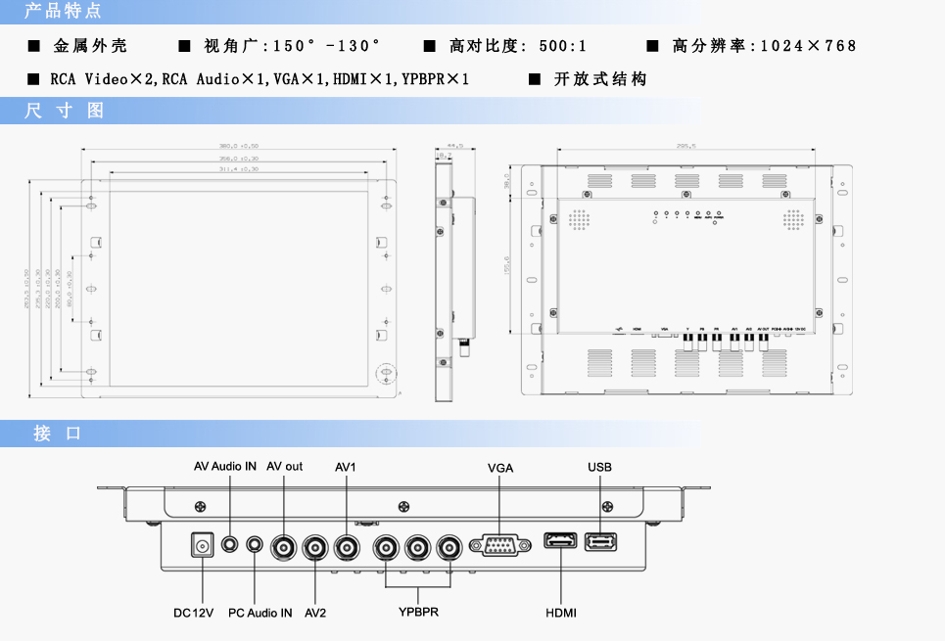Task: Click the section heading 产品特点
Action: [x=63, y=12]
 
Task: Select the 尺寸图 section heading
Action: [x=65, y=111]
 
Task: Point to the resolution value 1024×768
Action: [x=808, y=46]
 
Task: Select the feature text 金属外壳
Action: [x=90, y=46]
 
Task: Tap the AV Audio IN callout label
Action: [x=225, y=467]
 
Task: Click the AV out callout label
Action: [x=285, y=467]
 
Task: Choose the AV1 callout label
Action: [x=345, y=467]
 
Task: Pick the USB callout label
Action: [x=599, y=467]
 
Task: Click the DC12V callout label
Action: [x=193, y=613]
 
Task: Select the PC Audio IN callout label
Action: [x=260, y=613]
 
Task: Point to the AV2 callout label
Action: [x=315, y=613]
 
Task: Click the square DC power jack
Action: [x=202, y=545]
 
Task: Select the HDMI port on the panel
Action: [x=561, y=542]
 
